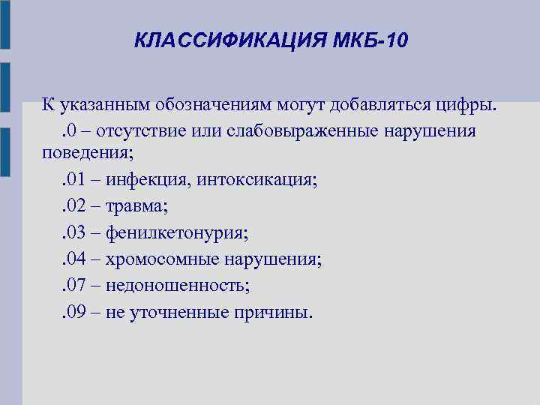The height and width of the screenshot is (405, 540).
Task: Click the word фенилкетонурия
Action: click(x=176, y=233)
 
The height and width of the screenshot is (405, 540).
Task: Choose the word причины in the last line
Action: click(x=271, y=311)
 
